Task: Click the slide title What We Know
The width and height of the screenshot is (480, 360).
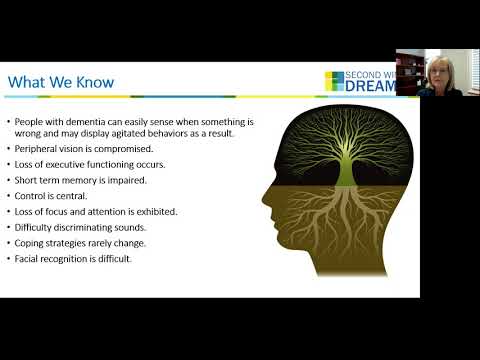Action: tap(61, 82)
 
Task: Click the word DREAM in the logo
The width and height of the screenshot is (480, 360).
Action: tap(372, 88)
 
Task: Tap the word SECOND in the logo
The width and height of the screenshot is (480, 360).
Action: tap(365, 76)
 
